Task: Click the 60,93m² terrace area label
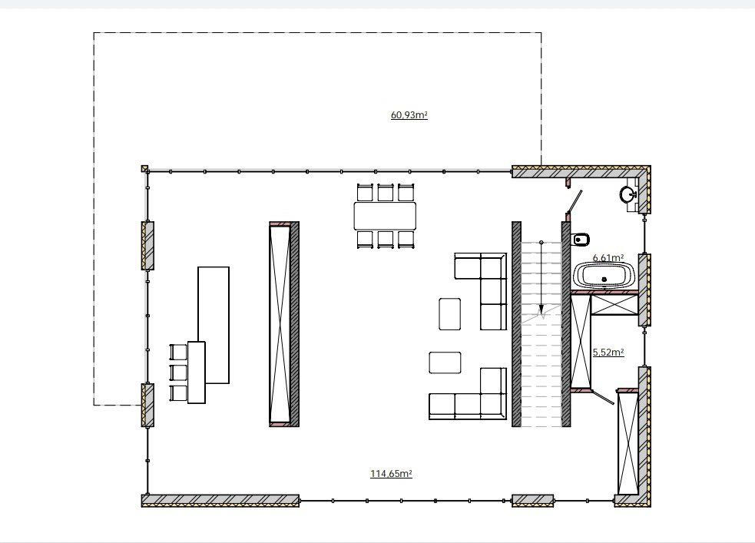409,115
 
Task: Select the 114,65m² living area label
391,474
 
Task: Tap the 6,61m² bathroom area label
608,257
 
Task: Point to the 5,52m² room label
608,352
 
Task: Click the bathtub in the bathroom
604,276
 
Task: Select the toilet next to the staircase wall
581,238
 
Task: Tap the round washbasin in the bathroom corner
627,195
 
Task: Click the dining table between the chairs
385,216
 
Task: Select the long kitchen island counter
214,325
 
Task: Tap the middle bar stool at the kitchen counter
178,372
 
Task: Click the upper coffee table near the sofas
450,314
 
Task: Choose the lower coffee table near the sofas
445,363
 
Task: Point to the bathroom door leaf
574,202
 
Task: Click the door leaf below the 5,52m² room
602,397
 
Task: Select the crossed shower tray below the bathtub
614,304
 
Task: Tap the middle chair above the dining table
386,192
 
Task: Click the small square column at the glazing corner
144,168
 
